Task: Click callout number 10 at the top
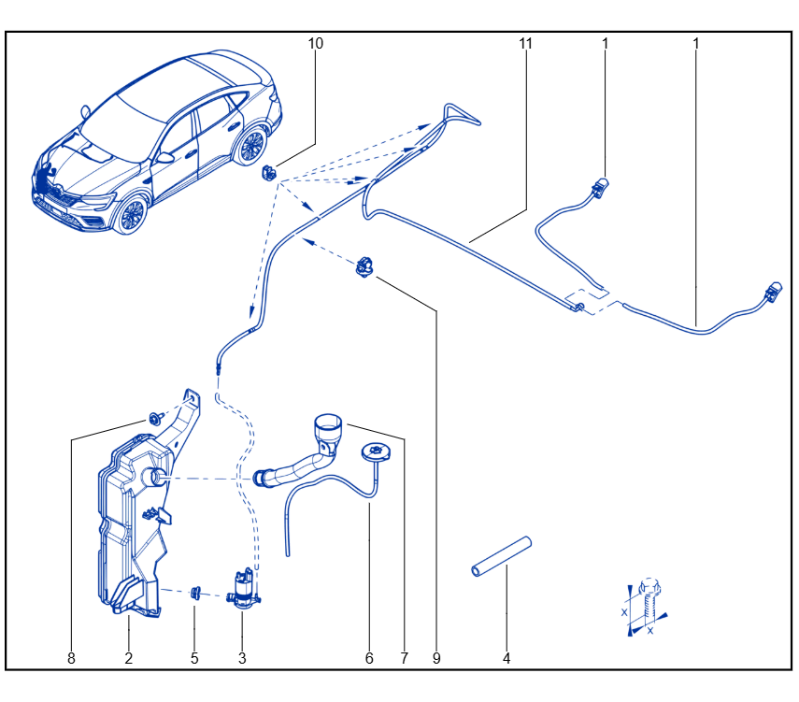[x=316, y=43]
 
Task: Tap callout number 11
[x=525, y=43]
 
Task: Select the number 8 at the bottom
[x=71, y=658]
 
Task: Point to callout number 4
[x=506, y=658]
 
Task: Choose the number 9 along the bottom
[x=436, y=658]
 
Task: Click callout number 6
[x=369, y=658]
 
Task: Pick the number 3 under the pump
[x=242, y=658]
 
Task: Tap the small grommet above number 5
[x=195, y=593]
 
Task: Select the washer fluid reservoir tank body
[x=134, y=525]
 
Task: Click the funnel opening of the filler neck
[x=328, y=423]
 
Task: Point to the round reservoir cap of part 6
[x=377, y=451]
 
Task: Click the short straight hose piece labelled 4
[x=502, y=556]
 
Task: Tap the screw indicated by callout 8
[x=155, y=419]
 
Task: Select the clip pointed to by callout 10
[x=269, y=173]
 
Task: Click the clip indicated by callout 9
[x=364, y=267]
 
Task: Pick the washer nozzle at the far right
[x=773, y=291]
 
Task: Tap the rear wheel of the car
[x=251, y=147]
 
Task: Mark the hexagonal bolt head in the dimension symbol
[x=649, y=586]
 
